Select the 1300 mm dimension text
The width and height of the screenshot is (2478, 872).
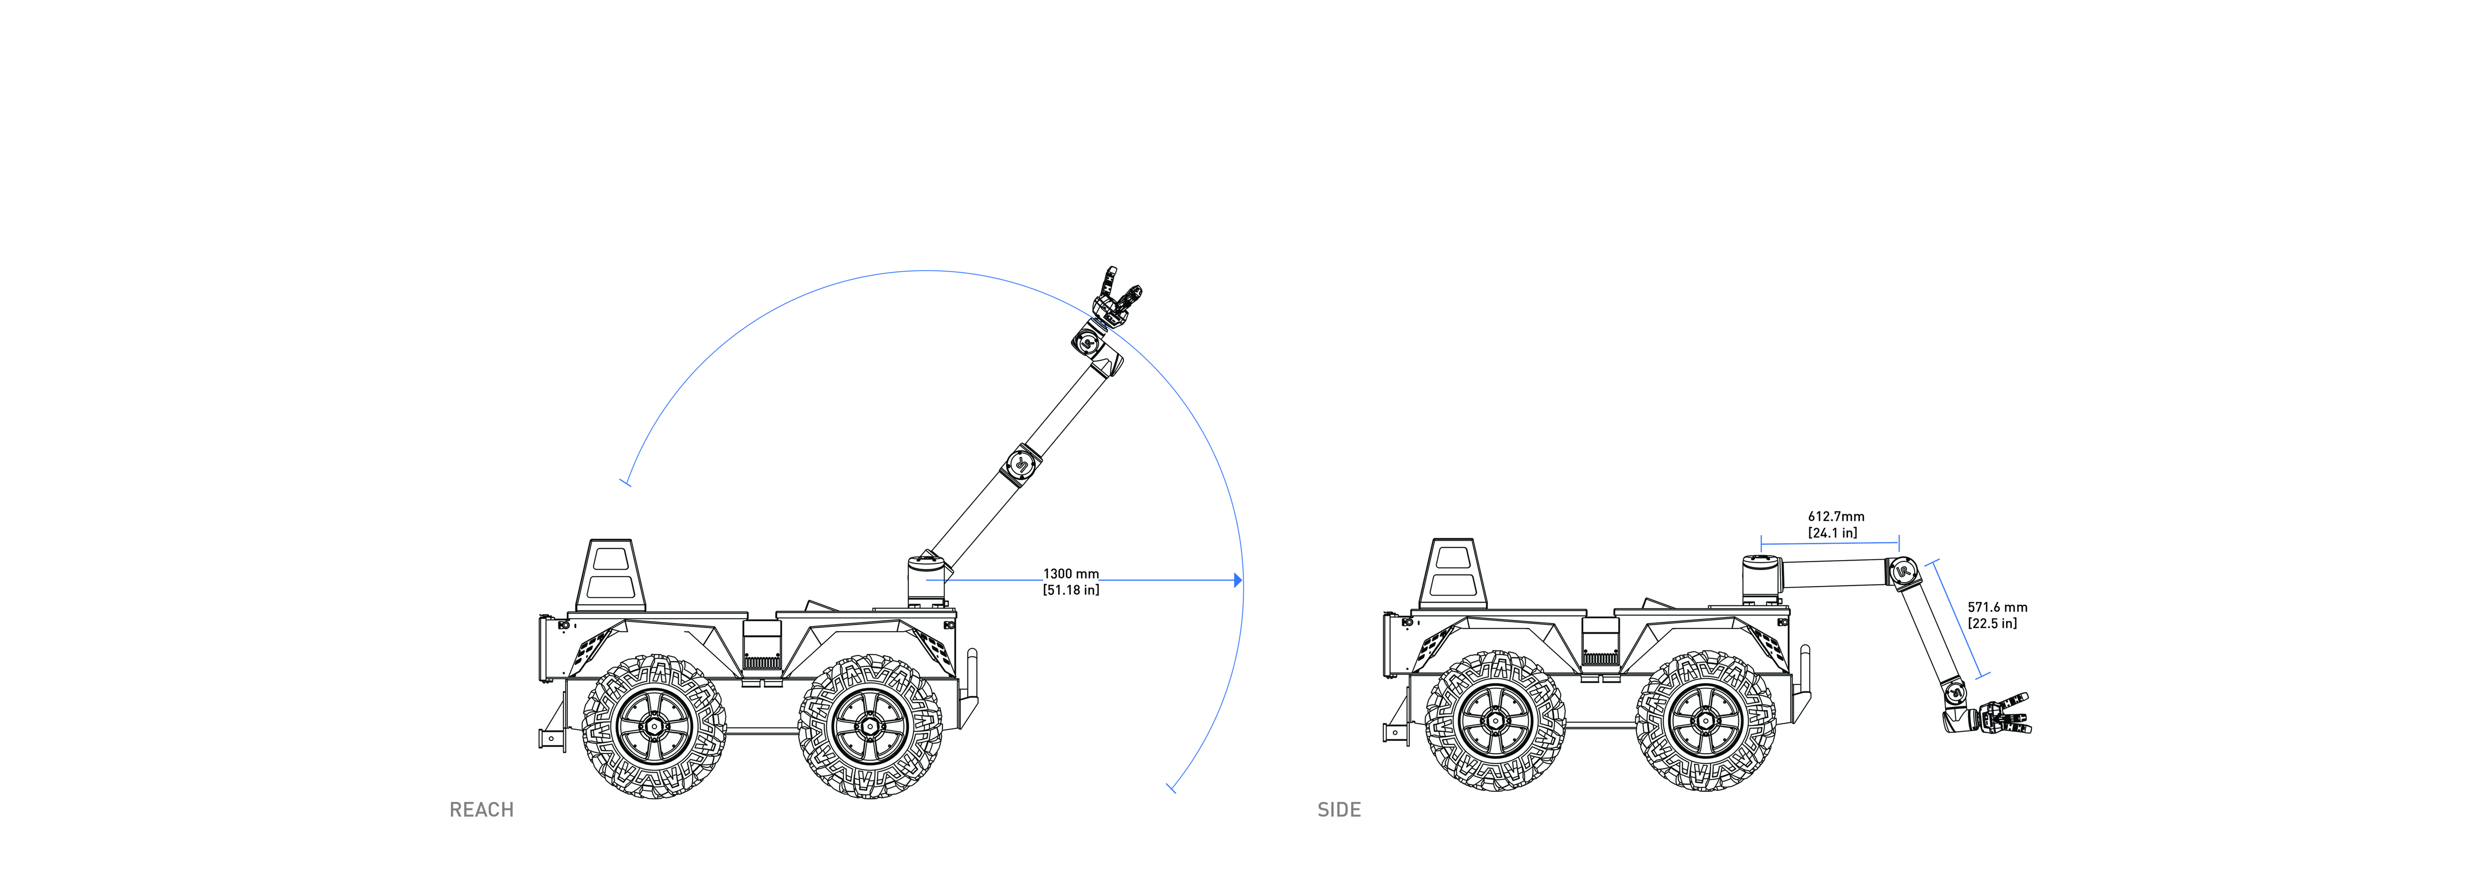(x=1071, y=574)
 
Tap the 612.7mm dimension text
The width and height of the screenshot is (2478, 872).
(x=1835, y=517)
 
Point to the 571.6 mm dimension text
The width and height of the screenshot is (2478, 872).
(x=1997, y=607)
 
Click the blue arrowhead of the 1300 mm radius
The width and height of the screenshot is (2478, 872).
(x=1238, y=580)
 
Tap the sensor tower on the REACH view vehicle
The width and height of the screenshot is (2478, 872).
(x=610, y=574)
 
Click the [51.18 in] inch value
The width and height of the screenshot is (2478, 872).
(x=1071, y=590)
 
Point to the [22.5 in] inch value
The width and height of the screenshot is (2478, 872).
(x=1992, y=624)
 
